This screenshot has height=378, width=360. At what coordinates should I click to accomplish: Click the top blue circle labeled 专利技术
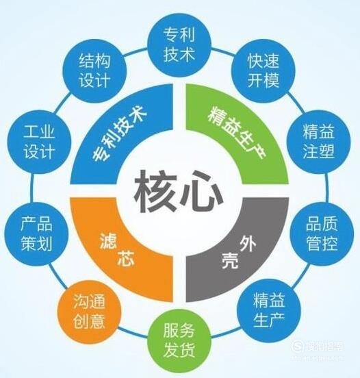click(179, 45)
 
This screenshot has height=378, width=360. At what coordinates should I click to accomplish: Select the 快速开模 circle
click(263, 71)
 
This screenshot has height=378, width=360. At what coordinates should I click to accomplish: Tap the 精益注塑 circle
click(318, 142)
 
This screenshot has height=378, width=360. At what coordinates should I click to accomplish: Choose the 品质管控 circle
click(322, 233)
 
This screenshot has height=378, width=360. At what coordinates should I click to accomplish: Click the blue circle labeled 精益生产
click(269, 310)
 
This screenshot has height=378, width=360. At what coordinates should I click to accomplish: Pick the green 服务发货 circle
click(179, 340)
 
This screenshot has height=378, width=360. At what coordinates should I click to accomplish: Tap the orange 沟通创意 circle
click(89, 312)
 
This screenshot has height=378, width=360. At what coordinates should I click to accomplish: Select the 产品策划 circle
click(37, 234)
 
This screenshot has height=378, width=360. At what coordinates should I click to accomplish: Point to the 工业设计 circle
click(39, 142)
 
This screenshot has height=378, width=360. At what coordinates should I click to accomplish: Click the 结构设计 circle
click(94, 71)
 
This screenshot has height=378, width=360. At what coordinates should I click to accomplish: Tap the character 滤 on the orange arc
click(108, 241)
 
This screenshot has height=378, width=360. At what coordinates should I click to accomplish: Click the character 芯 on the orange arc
click(126, 258)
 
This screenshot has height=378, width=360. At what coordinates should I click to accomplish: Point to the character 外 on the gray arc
click(248, 244)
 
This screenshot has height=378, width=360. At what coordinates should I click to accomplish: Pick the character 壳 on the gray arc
click(230, 261)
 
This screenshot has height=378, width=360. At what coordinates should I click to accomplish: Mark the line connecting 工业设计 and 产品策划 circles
click(31, 188)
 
